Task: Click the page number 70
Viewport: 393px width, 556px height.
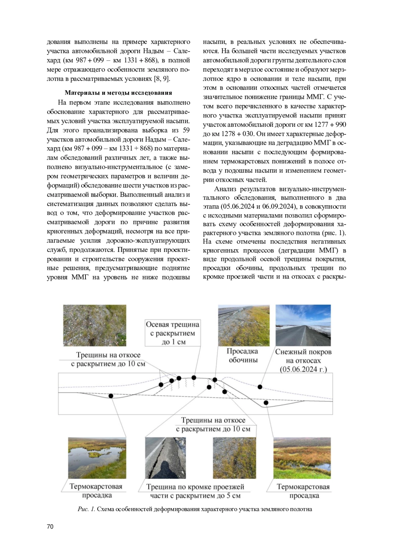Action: pyautogui.click(x=50, y=527)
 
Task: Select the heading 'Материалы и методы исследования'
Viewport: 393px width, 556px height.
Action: pyautogui.click(x=118, y=93)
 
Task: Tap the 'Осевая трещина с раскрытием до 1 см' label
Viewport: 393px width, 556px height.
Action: pyautogui.click(x=173, y=333)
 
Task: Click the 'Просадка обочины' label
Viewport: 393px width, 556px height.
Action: pyautogui.click(x=243, y=355)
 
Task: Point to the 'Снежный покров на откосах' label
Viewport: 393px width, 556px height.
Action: pyautogui.click(x=303, y=356)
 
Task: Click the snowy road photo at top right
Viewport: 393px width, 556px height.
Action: pyautogui.click(x=303, y=325)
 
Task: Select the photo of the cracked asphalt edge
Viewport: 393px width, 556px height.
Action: pyautogui.click(x=165, y=458)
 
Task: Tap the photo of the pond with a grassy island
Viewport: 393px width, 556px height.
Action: pyautogui.click(x=97, y=458)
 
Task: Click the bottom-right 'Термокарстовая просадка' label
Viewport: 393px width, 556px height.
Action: pyautogui.click(x=303, y=491)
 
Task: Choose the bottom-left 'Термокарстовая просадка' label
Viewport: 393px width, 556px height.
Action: pyautogui.click(x=96, y=491)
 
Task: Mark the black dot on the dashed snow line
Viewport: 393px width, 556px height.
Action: pyautogui.click(x=260, y=387)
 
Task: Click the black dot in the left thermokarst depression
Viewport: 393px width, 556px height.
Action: pyautogui.click(x=111, y=396)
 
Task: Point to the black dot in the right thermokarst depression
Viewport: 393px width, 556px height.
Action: pyautogui.click(x=266, y=403)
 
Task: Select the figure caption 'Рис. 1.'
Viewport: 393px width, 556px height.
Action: pyautogui.click(x=86, y=509)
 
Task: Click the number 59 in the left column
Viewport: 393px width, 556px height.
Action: pyautogui.click(x=186, y=130)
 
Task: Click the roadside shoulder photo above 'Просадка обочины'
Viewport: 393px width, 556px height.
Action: pyautogui.click(x=244, y=325)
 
